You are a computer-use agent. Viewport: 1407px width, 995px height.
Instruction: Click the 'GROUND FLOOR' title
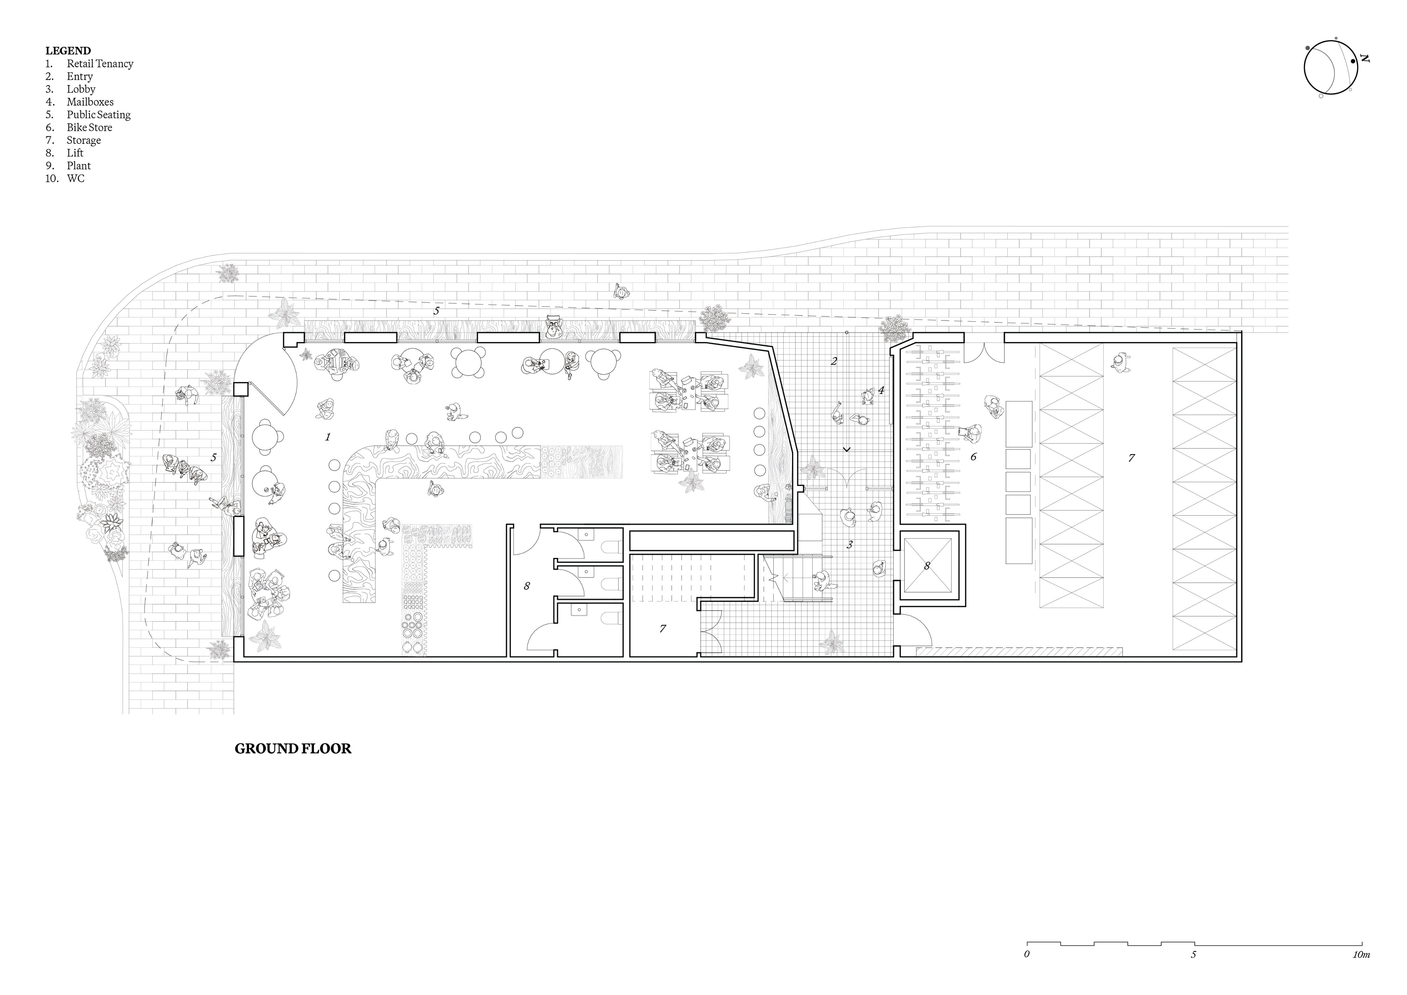point(293,749)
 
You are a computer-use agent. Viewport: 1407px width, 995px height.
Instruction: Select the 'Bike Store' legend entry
point(89,127)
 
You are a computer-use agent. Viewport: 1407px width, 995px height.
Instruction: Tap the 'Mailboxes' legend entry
point(90,102)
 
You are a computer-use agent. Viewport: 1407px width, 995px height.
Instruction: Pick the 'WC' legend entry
point(76,178)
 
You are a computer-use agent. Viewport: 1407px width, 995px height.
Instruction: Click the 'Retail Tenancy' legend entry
point(100,64)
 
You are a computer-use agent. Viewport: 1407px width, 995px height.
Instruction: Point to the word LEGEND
point(68,51)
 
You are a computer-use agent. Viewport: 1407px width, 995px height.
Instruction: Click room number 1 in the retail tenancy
point(328,437)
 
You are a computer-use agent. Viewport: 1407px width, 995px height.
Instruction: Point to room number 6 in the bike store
point(973,457)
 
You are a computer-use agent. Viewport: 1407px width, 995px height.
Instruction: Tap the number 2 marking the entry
point(834,361)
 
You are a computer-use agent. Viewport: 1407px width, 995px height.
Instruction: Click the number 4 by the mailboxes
point(881,390)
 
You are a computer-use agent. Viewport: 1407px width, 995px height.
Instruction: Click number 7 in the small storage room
point(662,628)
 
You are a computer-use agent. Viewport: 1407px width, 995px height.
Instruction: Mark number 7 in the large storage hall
point(1131,457)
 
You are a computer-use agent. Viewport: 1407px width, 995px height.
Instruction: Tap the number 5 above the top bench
point(436,311)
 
